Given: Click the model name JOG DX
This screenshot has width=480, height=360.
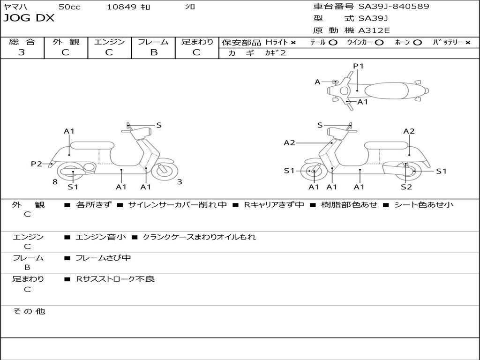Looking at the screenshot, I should coord(29,18).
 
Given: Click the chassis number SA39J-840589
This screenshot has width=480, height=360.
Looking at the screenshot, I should coord(394,7).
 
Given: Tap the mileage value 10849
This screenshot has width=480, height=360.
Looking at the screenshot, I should coord(121,7).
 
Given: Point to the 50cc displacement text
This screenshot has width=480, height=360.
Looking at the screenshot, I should coord(69,7).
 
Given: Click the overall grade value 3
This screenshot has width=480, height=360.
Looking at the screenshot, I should coord(22,52).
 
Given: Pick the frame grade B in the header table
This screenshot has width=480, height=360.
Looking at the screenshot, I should coord(153,52).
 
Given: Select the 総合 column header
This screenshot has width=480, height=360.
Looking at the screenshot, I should coord(22,42).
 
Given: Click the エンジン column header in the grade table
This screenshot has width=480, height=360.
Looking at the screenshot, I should coord(109,42).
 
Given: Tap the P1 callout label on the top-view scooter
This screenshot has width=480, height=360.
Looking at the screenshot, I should coord(358,66).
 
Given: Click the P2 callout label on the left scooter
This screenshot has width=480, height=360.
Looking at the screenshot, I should coord(37,164).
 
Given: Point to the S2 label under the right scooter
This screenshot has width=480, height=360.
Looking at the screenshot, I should coord(406,187).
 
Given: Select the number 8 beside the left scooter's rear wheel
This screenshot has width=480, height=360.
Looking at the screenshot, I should coord(55,182).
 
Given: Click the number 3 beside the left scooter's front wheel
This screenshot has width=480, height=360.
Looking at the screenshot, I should coord(180,182).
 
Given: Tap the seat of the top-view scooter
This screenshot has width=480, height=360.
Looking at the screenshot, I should coord(384,90).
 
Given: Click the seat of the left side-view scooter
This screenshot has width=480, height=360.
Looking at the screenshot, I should coord(92,145).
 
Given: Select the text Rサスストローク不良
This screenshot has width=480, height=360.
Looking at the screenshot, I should coord(115,279).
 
